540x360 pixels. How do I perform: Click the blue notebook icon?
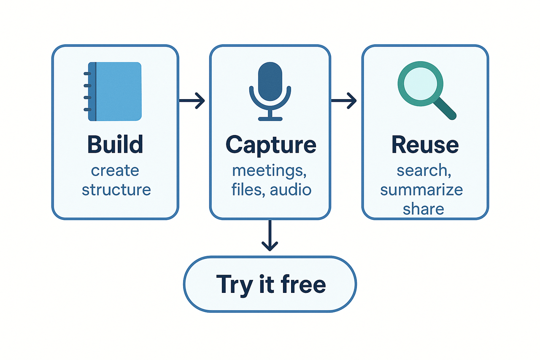click(115, 92)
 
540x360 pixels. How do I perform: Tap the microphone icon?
click(270, 91)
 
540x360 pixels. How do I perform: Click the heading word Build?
click(115, 144)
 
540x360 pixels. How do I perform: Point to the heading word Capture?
click(270, 144)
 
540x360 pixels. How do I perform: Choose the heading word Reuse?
click(425, 144)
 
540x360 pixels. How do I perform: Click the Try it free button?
click(270, 284)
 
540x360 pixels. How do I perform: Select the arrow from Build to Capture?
click(192, 100)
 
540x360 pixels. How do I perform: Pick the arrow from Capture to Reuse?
click(344, 100)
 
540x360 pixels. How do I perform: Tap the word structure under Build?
click(116, 189)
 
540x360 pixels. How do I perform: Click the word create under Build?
click(115, 171)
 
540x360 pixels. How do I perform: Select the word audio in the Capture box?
click(291, 189)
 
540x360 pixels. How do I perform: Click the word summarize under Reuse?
click(421, 189)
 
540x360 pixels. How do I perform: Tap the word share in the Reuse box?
click(423, 208)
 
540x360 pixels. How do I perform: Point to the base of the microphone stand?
click(270, 119)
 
